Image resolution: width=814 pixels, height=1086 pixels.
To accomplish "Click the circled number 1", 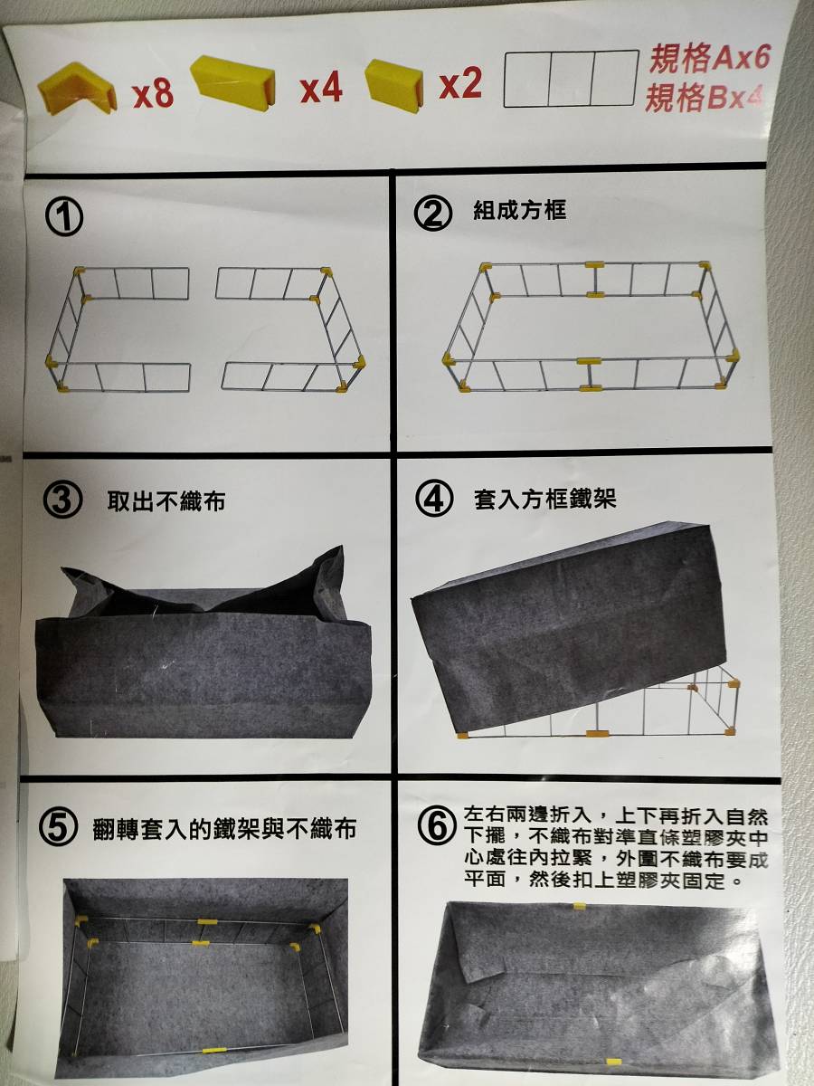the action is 64,219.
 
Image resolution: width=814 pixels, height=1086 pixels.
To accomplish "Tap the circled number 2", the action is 433,214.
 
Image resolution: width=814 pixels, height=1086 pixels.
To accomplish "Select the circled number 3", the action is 62,500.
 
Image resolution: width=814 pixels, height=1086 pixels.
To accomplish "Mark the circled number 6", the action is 437,827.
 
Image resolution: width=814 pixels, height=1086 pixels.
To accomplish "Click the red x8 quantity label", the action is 153,93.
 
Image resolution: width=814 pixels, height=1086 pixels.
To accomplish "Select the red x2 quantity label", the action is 460,83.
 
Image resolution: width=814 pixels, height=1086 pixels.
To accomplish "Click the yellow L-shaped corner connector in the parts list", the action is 77,88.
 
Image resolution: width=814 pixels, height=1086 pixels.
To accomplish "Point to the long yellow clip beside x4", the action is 232,82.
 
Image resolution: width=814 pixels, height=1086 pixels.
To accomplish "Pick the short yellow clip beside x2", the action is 394,83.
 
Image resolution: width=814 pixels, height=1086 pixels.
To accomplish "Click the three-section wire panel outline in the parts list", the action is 571,78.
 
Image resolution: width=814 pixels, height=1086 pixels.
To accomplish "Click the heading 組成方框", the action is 519,210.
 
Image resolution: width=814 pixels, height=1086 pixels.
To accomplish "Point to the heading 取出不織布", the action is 166,500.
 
